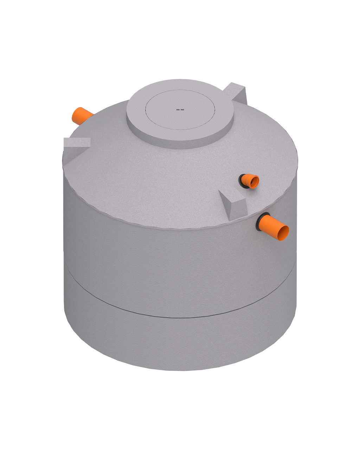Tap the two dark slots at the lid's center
click(x=180, y=110)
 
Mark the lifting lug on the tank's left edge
click(x=77, y=142)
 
